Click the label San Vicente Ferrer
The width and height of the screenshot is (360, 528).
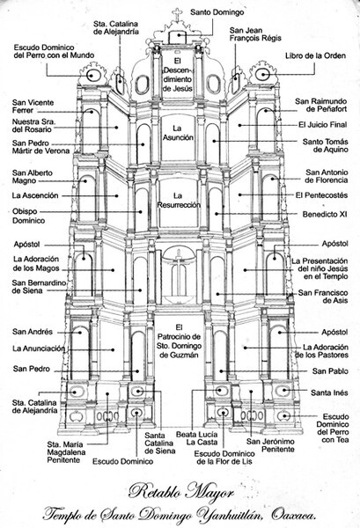(33, 107)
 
